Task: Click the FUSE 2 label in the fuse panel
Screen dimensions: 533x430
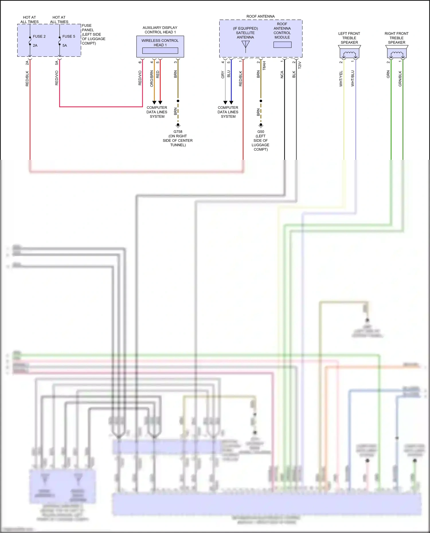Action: [x=39, y=36]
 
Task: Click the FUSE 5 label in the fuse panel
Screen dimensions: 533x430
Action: [x=69, y=36]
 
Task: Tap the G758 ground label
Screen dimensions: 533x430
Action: [x=178, y=132]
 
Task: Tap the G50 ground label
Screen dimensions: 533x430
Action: [x=261, y=132]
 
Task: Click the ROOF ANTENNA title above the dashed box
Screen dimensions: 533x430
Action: [x=260, y=16]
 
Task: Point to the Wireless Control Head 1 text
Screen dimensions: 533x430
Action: [x=160, y=43]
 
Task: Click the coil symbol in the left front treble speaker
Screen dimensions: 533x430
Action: [x=349, y=54]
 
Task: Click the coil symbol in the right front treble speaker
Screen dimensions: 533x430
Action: [x=397, y=54]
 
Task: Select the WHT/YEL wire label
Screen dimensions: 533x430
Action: [x=341, y=79]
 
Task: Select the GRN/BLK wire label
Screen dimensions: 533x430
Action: [x=400, y=79]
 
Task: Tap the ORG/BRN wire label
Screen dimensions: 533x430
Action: [x=152, y=79]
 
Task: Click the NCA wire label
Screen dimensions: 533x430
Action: [x=282, y=74]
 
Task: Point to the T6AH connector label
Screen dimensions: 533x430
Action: [x=264, y=66]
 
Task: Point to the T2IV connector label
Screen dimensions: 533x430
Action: [x=300, y=65]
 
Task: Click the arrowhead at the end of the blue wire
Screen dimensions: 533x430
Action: [x=231, y=103]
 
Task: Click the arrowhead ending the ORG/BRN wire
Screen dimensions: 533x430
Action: [x=154, y=103]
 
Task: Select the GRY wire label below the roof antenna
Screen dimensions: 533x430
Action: [x=223, y=75]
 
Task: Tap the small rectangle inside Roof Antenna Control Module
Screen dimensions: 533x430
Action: [x=282, y=45]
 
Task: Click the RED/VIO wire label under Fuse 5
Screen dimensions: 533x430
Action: [x=57, y=78]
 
